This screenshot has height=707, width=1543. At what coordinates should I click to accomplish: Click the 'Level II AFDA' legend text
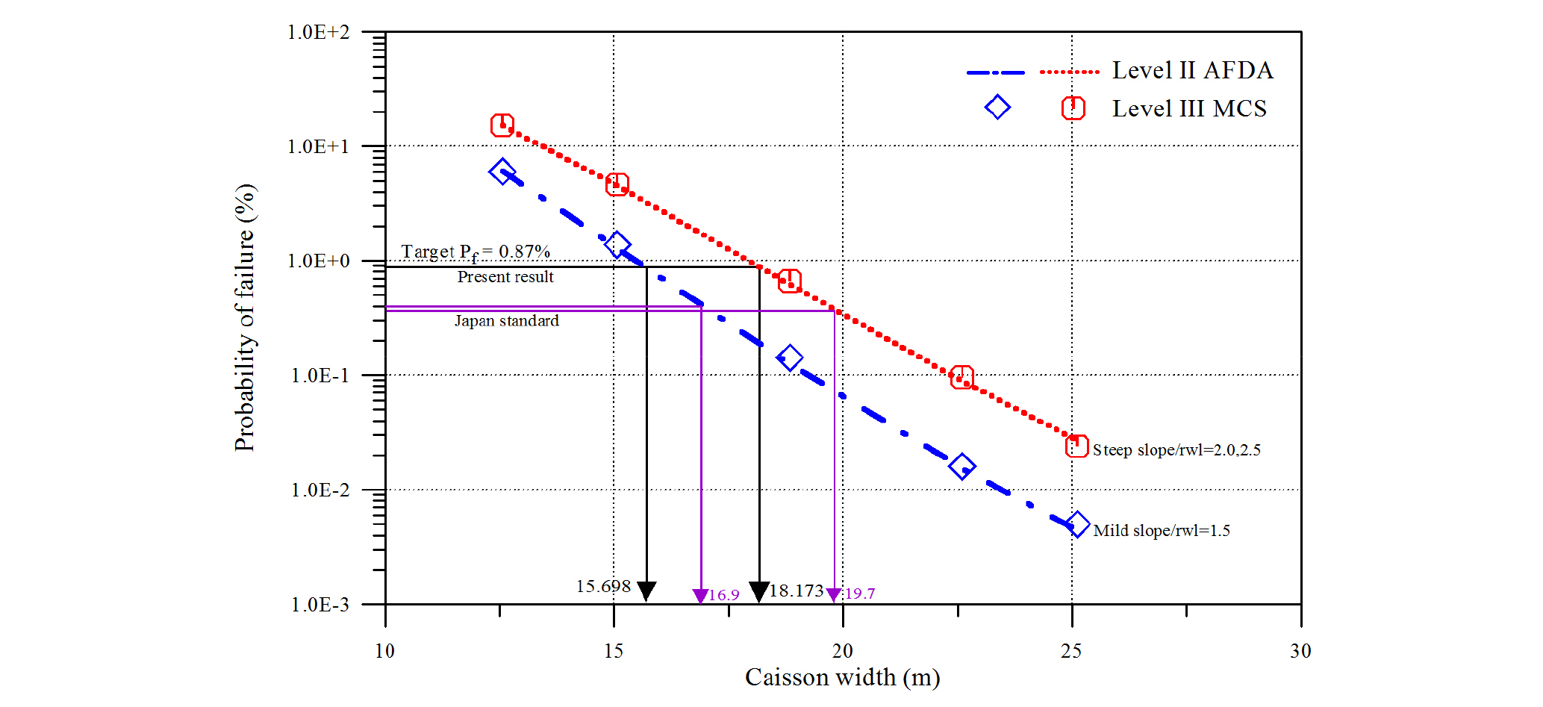pyautogui.click(x=1192, y=70)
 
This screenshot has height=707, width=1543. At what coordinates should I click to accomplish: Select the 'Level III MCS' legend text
pyautogui.click(x=1189, y=109)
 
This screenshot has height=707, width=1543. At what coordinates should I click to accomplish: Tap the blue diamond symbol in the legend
pyautogui.click(x=997, y=108)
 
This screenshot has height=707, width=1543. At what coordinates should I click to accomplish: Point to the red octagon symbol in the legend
pyautogui.click(x=1073, y=108)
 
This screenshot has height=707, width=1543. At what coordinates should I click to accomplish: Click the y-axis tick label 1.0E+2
pyautogui.click(x=318, y=32)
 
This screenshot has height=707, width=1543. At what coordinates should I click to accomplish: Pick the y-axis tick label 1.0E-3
pyautogui.click(x=319, y=605)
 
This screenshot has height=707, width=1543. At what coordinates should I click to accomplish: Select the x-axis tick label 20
pyautogui.click(x=843, y=651)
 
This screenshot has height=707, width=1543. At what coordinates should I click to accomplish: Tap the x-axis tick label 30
pyautogui.click(x=1300, y=651)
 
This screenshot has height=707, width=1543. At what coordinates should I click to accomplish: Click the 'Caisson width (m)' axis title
pyautogui.click(x=842, y=677)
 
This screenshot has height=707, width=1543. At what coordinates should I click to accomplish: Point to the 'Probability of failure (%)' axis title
pyautogui.click(x=245, y=317)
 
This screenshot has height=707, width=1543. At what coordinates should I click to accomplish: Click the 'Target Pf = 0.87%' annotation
pyautogui.click(x=476, y=252)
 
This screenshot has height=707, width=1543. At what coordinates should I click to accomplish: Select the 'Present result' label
pyautogui.click(x=505, y=277)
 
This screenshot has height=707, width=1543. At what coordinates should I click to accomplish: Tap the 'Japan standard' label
pyautogui.click(x=507, y=321)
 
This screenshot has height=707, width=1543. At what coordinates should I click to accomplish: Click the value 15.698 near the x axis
pyautogui.click(x=603, y=587)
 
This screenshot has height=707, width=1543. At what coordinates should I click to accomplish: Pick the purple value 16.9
pyautogui.click(x=723, y=595)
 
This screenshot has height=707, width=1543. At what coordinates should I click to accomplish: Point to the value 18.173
pyautogui.click(x=797, y=591)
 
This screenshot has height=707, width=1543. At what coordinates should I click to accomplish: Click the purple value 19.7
pyautogui.click(x=860, y=594)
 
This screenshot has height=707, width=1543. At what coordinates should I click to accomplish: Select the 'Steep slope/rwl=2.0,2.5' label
pyautogui.click(x=1176, y=450)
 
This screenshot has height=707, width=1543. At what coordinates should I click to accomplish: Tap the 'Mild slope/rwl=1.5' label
pyautogui.click(x=1162, y=531)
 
